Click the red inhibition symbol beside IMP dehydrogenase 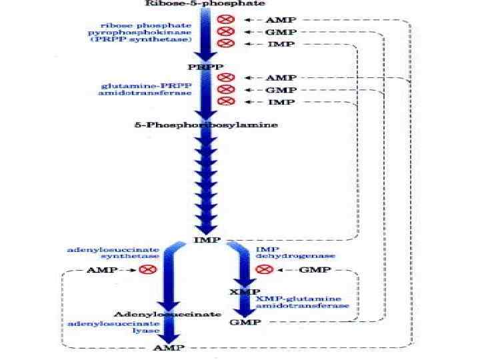pyautogui.click(x=264, y=269)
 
